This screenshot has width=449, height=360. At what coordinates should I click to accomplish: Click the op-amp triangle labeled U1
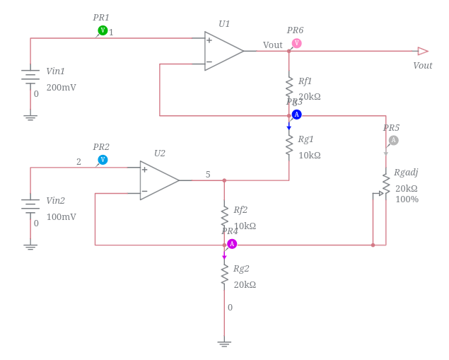(x=222, y=51)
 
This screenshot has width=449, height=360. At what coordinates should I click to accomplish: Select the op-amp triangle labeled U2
(x=158, y=180)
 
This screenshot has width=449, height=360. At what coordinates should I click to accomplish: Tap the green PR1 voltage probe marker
(x=103, y=30)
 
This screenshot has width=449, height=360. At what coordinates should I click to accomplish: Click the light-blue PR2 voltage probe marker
(x=103, y=160)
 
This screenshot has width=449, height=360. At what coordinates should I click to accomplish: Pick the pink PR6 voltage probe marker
(x=296, y=43)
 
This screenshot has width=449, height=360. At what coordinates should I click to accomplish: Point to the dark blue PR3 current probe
(x=296, y=115)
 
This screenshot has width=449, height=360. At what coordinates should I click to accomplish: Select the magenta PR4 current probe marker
(x=232, y=244)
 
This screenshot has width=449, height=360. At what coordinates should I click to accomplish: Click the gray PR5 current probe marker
(x=393, y=140)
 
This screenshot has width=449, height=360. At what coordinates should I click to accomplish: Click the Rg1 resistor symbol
(x=289, y=145)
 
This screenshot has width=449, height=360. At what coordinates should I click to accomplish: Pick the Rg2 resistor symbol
(x=224, y=274)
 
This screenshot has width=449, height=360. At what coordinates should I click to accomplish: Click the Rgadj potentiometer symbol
(x=385, y=185)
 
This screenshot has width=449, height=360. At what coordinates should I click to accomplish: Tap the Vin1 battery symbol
(x=30, y=76)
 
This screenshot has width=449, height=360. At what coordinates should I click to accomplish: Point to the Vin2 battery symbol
(x=30, y=204)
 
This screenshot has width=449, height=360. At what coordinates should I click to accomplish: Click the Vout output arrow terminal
(x=423, y=51)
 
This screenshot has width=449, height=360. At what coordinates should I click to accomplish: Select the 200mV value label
(x=61, y=88)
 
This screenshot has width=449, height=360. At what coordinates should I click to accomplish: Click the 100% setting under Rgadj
(x=407, y=199)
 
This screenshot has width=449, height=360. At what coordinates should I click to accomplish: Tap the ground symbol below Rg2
(x=224, y=344)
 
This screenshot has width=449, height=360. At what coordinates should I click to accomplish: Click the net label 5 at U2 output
(x=208, y=175)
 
